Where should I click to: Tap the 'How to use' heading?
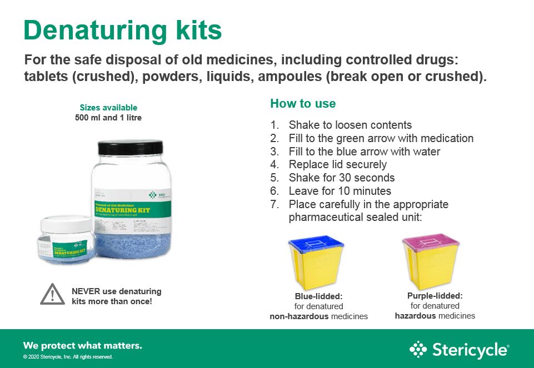(x=303, y=104)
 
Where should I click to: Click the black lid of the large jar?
(x=130, y=148)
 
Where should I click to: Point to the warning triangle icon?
(x=52, y=294)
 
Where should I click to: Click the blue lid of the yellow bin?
(x=316, y=245)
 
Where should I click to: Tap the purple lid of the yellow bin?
(x=431, y=243)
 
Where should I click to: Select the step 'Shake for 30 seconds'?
(x=341, y=178)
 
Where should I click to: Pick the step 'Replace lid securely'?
(x=337, y=164)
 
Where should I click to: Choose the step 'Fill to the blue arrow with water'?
(x=364, y=151)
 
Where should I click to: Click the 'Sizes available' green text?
(x=108, y=108)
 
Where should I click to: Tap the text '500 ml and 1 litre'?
(x=108, y=118)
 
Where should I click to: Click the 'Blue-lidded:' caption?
(x=318, y=296)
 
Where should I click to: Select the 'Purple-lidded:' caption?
(x=435, y=296)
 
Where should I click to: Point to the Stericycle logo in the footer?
(x=458, y=350)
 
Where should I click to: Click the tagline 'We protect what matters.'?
(x=82, y=345)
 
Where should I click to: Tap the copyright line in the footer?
(x=68, y=357)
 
